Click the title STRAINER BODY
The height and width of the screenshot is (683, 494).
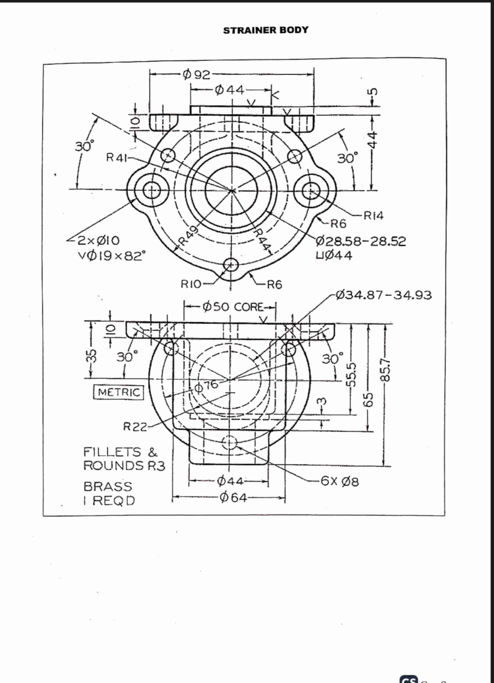pyautogui.click(x=266, y=30)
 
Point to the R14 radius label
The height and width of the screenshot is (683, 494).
pyautogui.click(x=373, y=216)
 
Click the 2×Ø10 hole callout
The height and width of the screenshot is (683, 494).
pyautogui.click(x=99, y=241)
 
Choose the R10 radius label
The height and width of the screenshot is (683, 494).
pyautogui.click(x=191, y=284)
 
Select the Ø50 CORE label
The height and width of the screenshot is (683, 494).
pyautogui.click(x=233, y=307)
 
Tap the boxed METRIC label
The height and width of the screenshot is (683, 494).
pyautogui.click(x=119, y=392)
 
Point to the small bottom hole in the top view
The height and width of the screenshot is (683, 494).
pyautogui.click(x=231, y=265)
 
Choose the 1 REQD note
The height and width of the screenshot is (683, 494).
pyautogui.click(x=109, y=501)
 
